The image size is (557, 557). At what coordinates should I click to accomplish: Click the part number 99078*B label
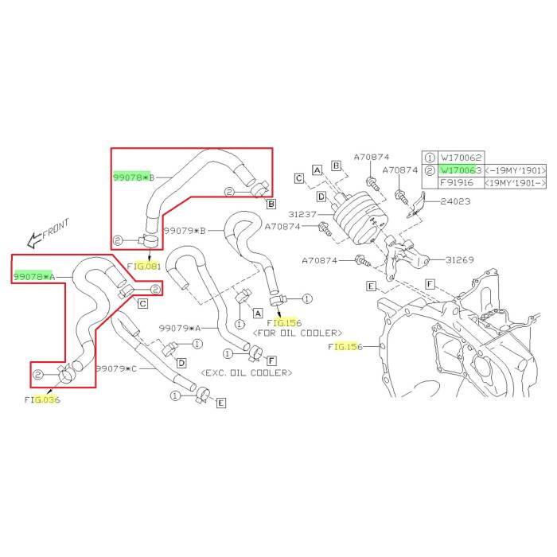pos(134,177)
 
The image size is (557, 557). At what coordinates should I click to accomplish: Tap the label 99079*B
pos(185,231)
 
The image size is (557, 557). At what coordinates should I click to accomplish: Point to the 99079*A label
pos(180,328)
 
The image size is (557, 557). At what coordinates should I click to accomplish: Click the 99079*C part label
pos(116,369)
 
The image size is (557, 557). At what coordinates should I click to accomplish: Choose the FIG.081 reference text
pos(144,266)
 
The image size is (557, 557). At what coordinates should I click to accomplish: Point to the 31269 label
pos(462,259)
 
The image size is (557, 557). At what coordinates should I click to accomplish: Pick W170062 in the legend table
pos(461,158)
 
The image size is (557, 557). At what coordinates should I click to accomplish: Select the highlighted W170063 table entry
pos(461,169)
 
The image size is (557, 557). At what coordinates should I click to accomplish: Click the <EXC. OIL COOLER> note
pos(247,372)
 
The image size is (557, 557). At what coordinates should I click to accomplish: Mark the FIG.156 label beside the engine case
pos(345,347)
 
